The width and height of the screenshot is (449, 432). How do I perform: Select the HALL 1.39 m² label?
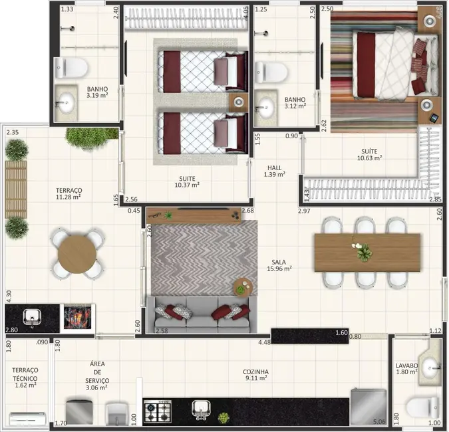click(x=275, y=171)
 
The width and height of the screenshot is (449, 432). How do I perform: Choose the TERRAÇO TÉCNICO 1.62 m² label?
click(x=24, y=377)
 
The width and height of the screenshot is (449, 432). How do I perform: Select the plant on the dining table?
click(x=363, y=252)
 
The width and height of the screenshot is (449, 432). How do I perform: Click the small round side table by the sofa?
click(x=243, y=286)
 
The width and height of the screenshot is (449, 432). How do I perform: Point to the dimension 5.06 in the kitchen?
click(x=379, y=421)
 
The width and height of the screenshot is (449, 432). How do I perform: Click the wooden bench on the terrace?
click(x=16, y=189)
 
